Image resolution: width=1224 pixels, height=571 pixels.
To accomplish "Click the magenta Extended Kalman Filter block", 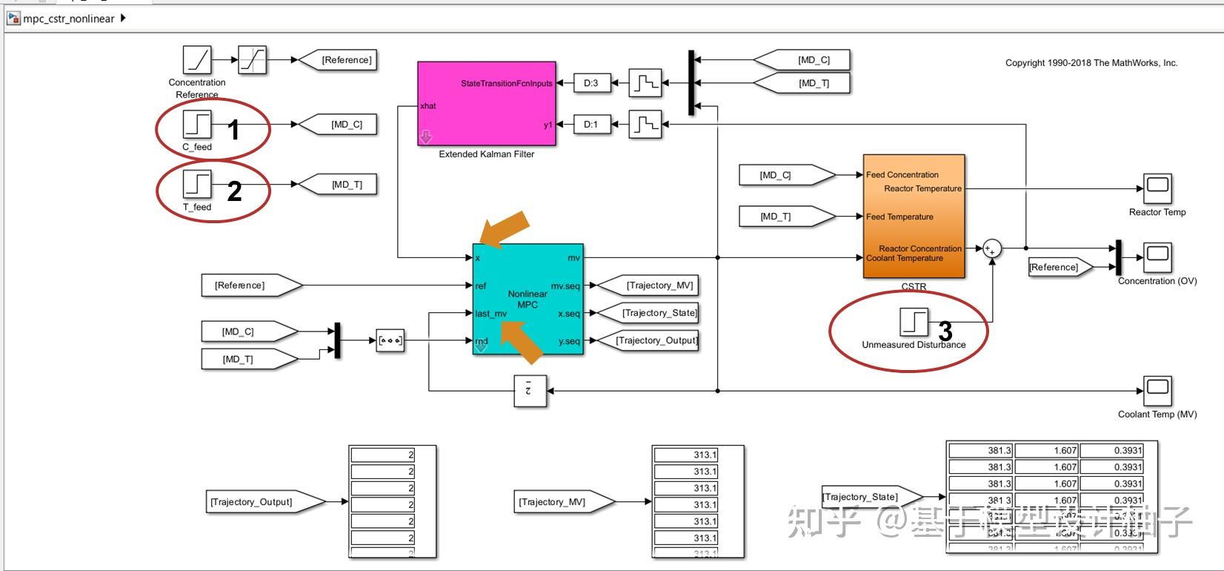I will click(x=486, y=104).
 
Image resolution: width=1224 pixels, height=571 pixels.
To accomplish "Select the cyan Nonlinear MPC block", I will click(x=528, y=299).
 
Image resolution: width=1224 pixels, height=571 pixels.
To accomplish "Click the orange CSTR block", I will click(x=914, y=216).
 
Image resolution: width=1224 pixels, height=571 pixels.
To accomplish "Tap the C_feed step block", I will click(x=197, y=124).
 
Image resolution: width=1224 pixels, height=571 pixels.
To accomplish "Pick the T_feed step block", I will click(x=197, y=184).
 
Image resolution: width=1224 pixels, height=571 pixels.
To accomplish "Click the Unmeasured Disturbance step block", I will click(x=914, y=322).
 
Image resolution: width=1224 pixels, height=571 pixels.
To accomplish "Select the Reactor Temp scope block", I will click(x=1157, y=188).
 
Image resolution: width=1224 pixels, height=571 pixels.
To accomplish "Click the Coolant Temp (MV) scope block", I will click(x=1157, y=390).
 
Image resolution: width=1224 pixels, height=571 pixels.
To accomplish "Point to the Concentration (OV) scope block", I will click(x=1157, y=257).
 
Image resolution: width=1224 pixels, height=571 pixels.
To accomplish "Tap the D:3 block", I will click(x=591, y=83).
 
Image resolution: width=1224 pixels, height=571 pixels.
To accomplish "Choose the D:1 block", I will click(x=591, y=124).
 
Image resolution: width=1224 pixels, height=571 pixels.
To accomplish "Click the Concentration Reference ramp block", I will click(x=197, y=60).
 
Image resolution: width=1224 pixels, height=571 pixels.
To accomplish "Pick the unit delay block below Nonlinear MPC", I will click(x=530, y=391).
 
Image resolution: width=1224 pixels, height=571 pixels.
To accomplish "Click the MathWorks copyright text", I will click(x=1091, y=63).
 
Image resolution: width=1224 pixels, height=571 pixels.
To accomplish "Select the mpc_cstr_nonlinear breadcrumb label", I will click(x=69, y=19).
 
